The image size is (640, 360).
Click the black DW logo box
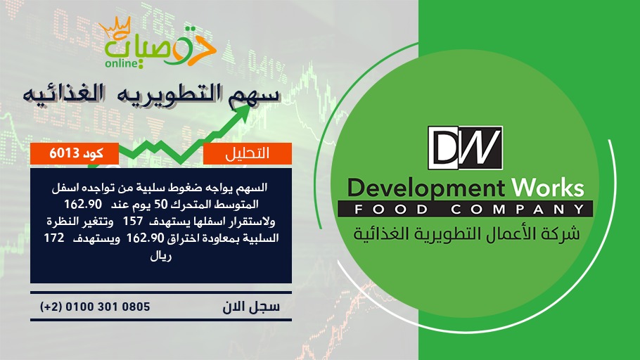coord(465,148)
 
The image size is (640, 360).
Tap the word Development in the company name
coord(426,188)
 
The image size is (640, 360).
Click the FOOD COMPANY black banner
coord(466,209)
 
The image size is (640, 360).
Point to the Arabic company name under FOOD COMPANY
coord(466,234)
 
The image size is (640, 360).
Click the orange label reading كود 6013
coord(75,153)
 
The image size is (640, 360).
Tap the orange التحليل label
coord(248,153)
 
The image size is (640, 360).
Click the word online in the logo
coord(122,63)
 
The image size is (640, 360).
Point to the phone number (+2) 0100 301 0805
coord(95,307)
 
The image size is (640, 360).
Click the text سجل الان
coord(251,307)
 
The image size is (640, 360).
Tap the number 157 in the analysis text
coord(133,221)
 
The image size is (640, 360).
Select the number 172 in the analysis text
coord(54,238)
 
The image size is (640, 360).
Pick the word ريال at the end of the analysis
coord(161,256)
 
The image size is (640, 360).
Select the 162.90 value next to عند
coord(83,204)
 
